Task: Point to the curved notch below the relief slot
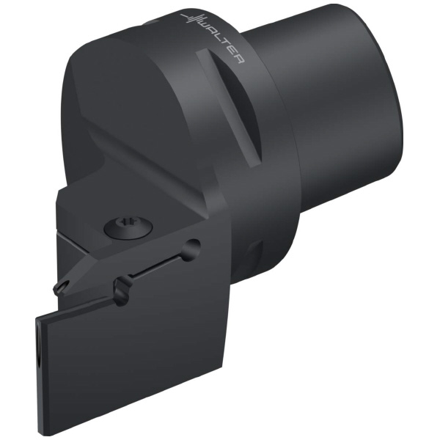pos(122,290)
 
